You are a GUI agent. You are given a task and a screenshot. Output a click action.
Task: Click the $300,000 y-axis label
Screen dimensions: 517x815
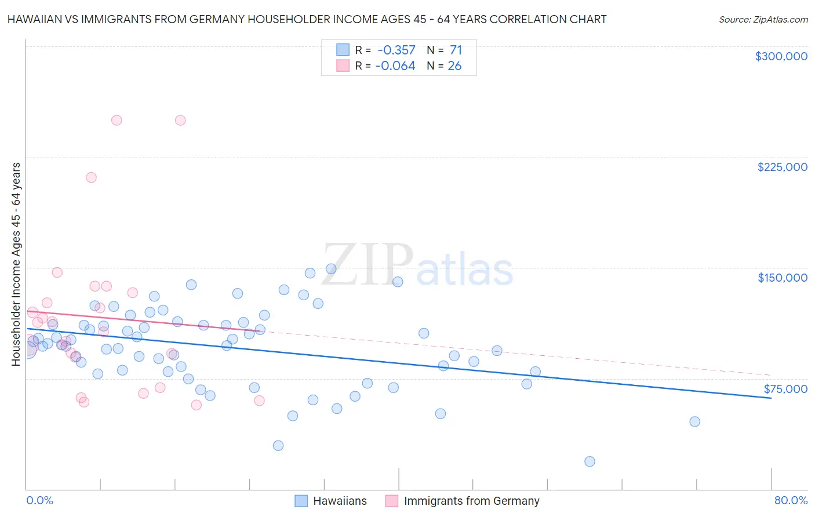781,56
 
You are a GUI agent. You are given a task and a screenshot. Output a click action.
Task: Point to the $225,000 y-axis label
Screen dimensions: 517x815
782,167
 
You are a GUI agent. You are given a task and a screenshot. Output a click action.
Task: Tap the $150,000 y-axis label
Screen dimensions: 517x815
782,278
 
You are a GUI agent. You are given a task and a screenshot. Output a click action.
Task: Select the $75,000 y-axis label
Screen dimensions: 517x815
785,389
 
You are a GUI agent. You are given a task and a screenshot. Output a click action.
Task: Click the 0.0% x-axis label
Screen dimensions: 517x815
39,500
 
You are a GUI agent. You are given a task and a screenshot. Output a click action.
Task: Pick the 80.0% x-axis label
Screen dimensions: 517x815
791,500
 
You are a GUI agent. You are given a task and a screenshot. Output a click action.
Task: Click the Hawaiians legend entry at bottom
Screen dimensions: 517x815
340,501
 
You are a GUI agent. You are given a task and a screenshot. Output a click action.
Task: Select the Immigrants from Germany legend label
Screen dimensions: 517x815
471,501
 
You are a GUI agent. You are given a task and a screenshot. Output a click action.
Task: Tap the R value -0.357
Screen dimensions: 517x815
396,50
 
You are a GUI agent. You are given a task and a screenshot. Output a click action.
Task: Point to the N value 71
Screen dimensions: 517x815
456,50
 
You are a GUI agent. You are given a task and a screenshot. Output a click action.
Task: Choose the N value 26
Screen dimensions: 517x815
454,66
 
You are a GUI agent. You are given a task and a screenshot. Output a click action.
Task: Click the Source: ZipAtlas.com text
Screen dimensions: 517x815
763,20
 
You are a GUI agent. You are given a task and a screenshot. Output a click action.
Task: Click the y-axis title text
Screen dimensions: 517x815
16,264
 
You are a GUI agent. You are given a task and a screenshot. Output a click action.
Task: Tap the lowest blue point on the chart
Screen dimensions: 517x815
590,461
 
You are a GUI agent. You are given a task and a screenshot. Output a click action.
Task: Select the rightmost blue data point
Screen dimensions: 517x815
694,421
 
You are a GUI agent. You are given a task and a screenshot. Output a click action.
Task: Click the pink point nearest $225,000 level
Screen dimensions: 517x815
91,177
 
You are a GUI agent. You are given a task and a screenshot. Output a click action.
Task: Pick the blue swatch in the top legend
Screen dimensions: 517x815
343,50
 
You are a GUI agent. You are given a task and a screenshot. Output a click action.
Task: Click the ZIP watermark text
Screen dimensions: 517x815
368,265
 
